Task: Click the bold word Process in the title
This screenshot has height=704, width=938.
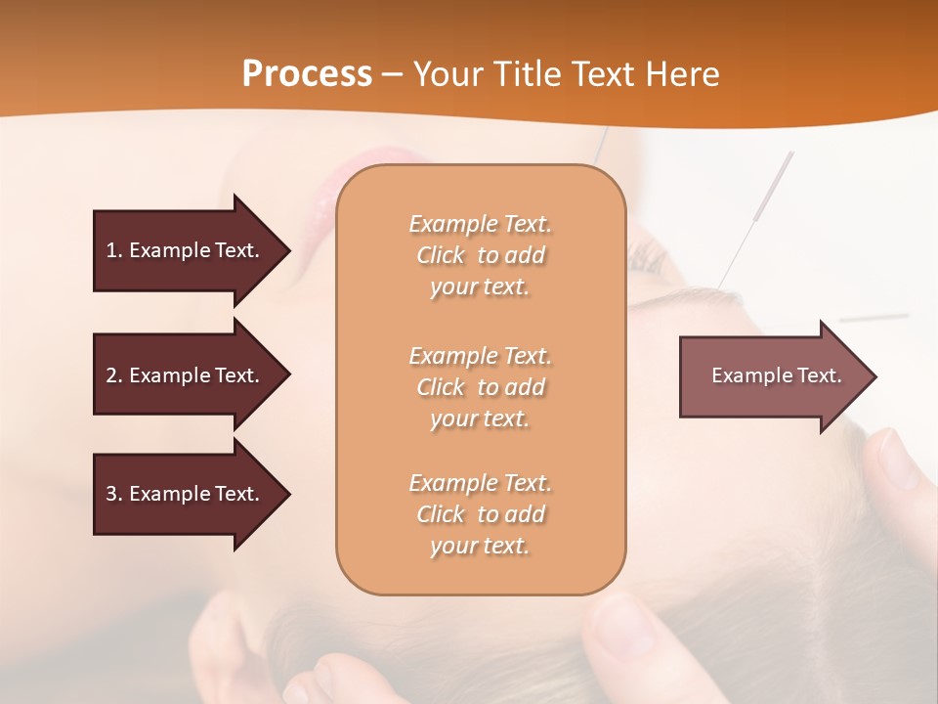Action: (x=307, y=74)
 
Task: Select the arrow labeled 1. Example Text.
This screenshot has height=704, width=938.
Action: (x=186, y=250)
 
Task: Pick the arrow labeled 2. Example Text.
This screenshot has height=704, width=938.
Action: (x=186, y=375)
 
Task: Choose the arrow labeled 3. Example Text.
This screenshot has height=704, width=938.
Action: (x=186, y=494)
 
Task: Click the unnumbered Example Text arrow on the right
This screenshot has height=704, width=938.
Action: (x=772, y=375)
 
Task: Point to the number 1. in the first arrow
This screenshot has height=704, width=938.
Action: (x=113, y=250)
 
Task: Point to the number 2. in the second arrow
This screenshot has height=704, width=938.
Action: (x=113, y=375)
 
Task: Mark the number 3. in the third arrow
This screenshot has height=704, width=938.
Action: (x=113, y=494)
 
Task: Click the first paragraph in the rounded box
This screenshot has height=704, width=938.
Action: (x=480, y=255)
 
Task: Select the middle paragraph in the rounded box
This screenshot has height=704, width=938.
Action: (x=480, y=387)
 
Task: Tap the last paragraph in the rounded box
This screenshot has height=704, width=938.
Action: (x=480, y=514)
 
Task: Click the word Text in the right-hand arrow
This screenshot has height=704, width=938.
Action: (x=821, y=375)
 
